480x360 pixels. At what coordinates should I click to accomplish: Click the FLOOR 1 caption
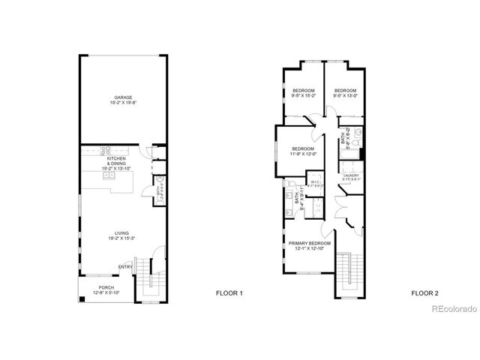229,292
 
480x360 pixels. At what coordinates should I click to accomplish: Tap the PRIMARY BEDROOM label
310,244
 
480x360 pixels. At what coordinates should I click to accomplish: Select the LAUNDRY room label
352,175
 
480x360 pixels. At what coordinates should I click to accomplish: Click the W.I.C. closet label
316,181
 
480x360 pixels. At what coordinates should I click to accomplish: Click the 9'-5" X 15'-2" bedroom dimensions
303,95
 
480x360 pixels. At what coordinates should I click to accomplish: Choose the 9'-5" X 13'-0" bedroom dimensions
344,95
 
